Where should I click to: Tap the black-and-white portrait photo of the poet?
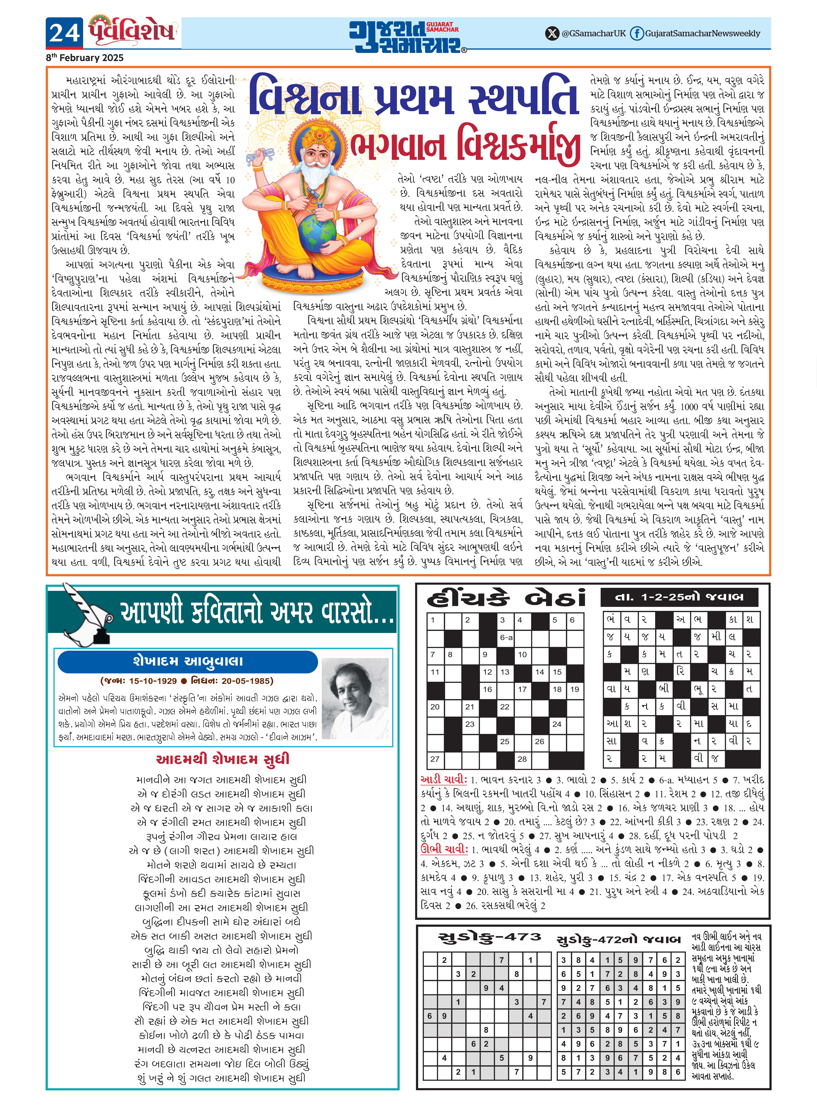[355, 698]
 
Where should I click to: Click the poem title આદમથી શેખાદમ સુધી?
[223, 759]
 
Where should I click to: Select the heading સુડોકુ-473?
[490, 937]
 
